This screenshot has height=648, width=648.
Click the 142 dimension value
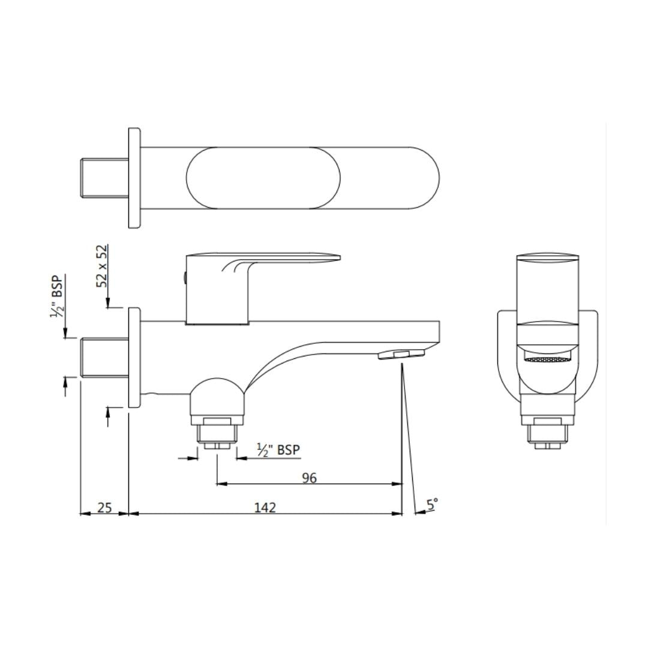(x=265, y=507)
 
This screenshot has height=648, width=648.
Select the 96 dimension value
(x=309, y=478)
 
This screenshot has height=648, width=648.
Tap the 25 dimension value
(x=104, y=507)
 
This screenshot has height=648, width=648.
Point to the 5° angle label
(x=432, y=504)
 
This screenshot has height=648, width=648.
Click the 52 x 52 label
(x=101, y=266)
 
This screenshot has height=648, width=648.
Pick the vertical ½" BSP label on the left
(x=57, y=296)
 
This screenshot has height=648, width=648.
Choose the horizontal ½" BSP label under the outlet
(x=278, y=449)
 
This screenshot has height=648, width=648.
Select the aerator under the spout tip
(x=401, y=354)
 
